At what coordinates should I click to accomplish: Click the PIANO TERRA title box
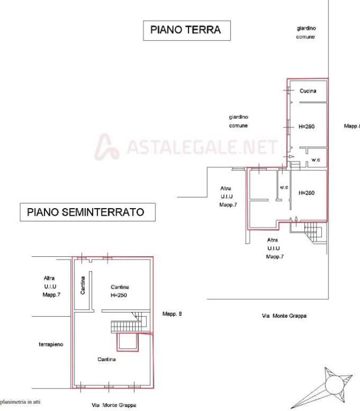click(186, 30)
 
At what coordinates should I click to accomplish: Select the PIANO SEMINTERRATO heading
click(86, 212)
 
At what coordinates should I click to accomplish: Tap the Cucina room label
click(308, 91)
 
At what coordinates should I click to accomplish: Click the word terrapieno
click(51, 344)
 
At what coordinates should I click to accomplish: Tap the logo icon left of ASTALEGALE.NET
click(107, 147)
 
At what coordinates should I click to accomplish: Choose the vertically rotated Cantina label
click(83, 284)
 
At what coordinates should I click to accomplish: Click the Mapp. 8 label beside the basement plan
click(172, 314)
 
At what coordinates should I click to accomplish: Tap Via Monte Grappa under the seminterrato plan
click(113, 405)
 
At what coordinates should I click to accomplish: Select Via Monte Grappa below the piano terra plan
click(284, 316)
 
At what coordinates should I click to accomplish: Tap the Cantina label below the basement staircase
click(107, 360)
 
